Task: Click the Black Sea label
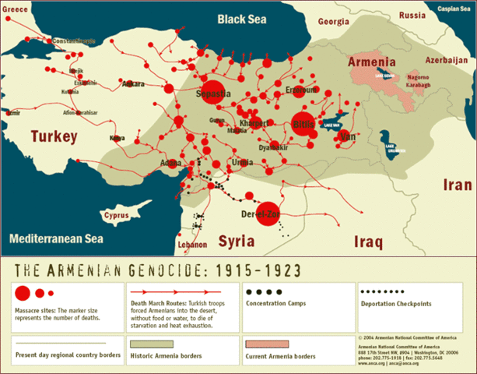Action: click(252, 18)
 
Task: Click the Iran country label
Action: click(456, 185)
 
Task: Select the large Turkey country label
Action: click(54, 137)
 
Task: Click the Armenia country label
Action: click(371, 62)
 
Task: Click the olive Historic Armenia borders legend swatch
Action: click(152, 344)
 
